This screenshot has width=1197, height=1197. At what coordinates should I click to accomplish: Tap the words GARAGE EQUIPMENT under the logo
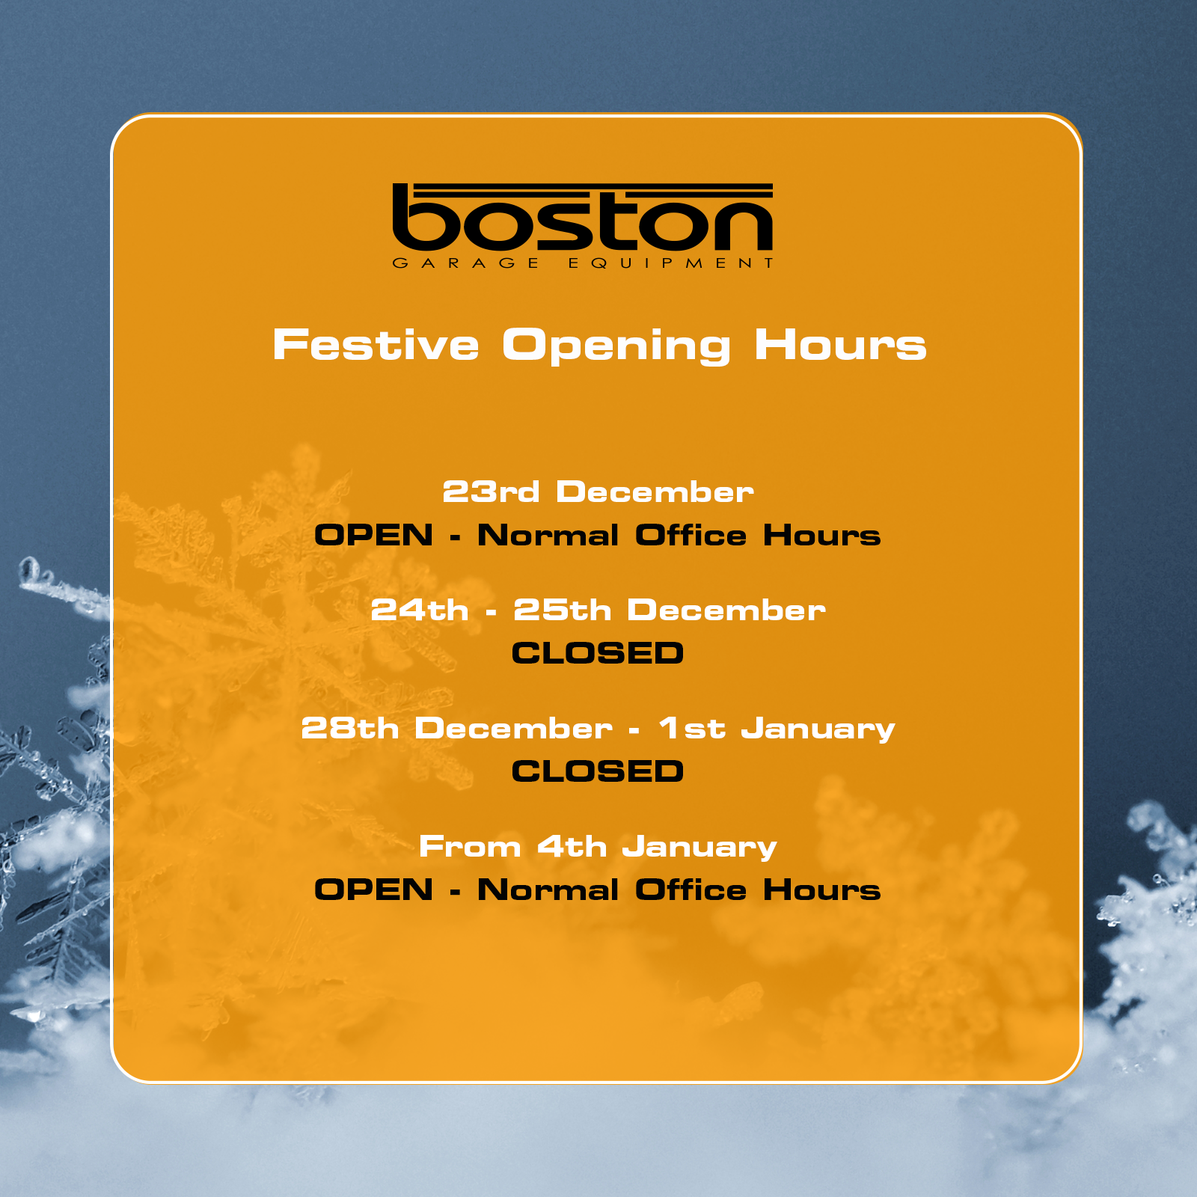pyautogui.click(x=583, y=263)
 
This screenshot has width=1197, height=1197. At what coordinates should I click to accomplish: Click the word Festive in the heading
pyautogui.click(x=376, y=345)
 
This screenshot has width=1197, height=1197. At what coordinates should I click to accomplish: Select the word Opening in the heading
pyautogui.click(x=616, y=346)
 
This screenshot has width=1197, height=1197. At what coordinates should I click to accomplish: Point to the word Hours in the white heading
pyautogui.click(x=840, y=345)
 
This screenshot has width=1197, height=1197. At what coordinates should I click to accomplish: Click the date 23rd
pyautogui.click(x=491, y=492)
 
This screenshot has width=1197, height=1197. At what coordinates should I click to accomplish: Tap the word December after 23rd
pyautogui.click(x=655, y=492)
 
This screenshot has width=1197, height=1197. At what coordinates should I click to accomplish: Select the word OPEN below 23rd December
pyautogui.click(x=374, y=535)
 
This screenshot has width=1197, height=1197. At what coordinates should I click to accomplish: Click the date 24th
pyautogui.click(x=420, y=610)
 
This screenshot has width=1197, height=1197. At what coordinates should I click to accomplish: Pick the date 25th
pyautogui.click(x=563, y=610)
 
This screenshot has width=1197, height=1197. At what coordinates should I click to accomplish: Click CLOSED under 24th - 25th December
pyautogui.click(x=598, y=653)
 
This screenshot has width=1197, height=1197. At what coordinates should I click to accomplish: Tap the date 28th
pyautogui.click(x=350, y=729)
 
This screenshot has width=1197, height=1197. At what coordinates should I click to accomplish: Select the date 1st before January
pyautogui.click(x=692, y=729)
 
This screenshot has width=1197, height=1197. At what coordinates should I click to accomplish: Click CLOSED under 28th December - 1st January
pyautogui.click(x=598, y=771)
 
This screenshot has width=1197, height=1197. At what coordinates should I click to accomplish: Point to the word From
pyautogui.click(x=470, y=847)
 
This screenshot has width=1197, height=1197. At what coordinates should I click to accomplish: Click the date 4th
pyautogui.click(x=572, y=847)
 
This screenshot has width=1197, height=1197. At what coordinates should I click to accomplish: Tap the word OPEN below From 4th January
pyautogui.click(x=374, y=890)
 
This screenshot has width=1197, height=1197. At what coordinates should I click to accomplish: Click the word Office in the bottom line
pyautogui.click(x=691, y=890)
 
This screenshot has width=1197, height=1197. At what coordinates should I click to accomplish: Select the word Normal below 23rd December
pyautogui.click(x=548, y=535)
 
